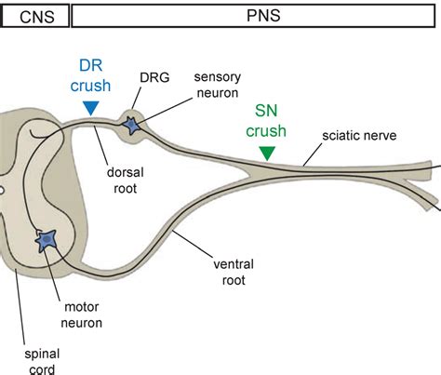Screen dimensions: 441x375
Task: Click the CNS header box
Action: pyautogui.click(x=35, y=16)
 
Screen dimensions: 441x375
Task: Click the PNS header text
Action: pyautogui.click(x=263, y=16)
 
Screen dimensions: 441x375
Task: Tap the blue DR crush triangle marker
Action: pyautogui.click(x=91, y=108)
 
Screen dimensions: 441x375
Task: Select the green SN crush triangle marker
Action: pyautogui.click(x=267, y=154)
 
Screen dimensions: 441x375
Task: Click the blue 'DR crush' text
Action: pyautogui.click(x=90, y=75)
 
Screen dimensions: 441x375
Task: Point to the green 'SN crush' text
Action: pyautogui.click(x=266, y=121)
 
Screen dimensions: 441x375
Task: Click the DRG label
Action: pyautogui.click(x=154, y=77)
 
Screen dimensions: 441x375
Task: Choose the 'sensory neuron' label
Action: pyautogui.click(x=218, y=85)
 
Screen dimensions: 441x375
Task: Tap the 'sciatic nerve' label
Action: pyautogui.click(x=359, y=136)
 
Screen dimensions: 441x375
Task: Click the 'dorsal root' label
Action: pyautogui.click(x=126, y=181)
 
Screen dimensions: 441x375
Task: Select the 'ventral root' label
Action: pyautogui.click(x=234, y=272)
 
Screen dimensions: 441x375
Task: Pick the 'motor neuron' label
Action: pyautogui.click(x=81, y=315)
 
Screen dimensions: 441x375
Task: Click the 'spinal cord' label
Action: pyautogui.click(x=42, y=362)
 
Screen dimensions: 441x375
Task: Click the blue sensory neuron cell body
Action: pyautogui.click(x=131, y=126)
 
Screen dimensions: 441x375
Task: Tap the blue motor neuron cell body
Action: pyautogui.click(x=47, y=240)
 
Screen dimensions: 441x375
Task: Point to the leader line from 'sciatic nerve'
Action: pyautogui.click(x=313, y=154)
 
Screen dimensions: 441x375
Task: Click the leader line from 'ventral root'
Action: pyautogui.click(x=193, y=244)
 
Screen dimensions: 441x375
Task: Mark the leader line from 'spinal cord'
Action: pyautogui.click(x=20, y=307)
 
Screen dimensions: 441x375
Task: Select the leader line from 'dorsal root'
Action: pyautogui.click(x=100, y=145)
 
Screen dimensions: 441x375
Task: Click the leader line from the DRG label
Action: pyautogui.click(x=137, y=98)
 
